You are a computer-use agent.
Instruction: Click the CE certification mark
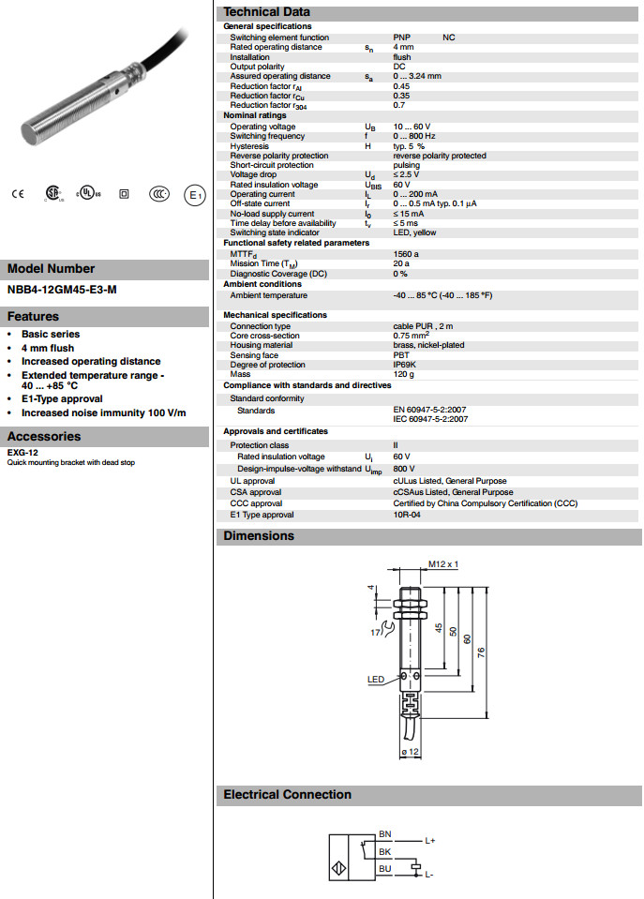pyautogui.click(x=17, y=194)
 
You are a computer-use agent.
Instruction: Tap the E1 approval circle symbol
pyautogui.click(x=194, y=194)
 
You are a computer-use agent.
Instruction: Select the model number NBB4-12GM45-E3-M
pyautogui.click(x=62, y=291)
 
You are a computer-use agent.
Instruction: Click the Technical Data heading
pyautogui.click(x=266, y=11)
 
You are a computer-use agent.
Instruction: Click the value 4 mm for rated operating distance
pyautogui.click(x=403, y=47)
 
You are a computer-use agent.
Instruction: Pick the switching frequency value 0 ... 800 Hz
pyautogui.click(x=415, y=136)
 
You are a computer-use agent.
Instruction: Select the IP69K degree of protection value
pyautogui.click(x=404, y=365)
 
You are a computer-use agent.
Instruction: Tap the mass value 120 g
pyautogui.click(x=404, y=374)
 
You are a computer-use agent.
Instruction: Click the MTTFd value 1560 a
pyautogui.click(x=406, y=253)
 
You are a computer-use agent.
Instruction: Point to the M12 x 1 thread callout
pyautogui.click(x=442, y=563)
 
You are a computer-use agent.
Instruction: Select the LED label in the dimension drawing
pyautogui.click(x=376, y=679)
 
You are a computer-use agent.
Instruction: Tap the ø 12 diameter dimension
pyautogui.click(x=409, y=752)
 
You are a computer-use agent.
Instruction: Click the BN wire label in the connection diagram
pyautogui.click(x=384, y=833)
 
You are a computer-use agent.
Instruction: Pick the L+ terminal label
pyautogui.click(x=429, y=841)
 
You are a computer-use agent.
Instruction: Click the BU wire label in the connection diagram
pyautogui.click(x=384, y=869)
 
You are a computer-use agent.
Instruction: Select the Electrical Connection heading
pyautogui.click(x=287, y=795)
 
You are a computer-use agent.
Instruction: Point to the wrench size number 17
pyautogui.click(x=377, y=633)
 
